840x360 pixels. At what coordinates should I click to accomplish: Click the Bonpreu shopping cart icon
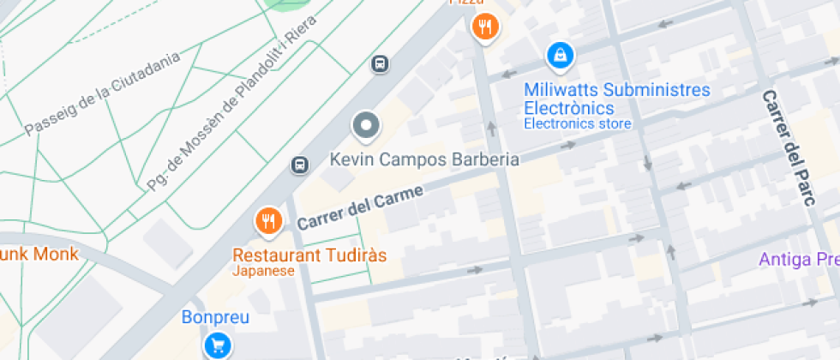pyautogui.click(x=218, y=345)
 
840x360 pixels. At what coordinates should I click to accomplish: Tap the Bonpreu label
pyautogui.click(x=215, y=317)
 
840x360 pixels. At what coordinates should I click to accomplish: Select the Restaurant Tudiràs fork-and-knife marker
pyautogui.click(x=268, y=222)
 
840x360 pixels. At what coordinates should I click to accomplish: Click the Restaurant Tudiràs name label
pyautogui.click(x=309, y=255)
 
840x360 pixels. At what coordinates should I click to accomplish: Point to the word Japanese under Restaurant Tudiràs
pyautogui.click(x=263, y=271)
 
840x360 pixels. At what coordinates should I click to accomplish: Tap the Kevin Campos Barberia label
pyautogui.click(x=424, y=159)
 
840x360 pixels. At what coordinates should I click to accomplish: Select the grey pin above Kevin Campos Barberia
pyautogui.click(x=366, y=127)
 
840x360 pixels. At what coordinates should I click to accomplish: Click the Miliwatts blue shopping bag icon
pyautogui.click(x=560, y=57)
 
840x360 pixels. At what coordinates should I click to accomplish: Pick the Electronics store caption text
pyautogui.click(x=577, y=123)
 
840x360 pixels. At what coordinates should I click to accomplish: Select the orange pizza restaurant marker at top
pyautogui.click(x=486, y=27)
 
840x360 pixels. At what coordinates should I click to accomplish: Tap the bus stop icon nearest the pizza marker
pyautogui.click(x=379, y=64)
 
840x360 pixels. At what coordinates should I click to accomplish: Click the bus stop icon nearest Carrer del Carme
pyautogui.click(x=299, y=165)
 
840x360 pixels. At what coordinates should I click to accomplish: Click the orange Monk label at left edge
pyautogui.click(x=39, y=254)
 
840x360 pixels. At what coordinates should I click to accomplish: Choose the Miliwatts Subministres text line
pyautogui.click(x=617, y=90)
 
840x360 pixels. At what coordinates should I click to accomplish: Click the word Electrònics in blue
pyautogui.click(x=569, y=108)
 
